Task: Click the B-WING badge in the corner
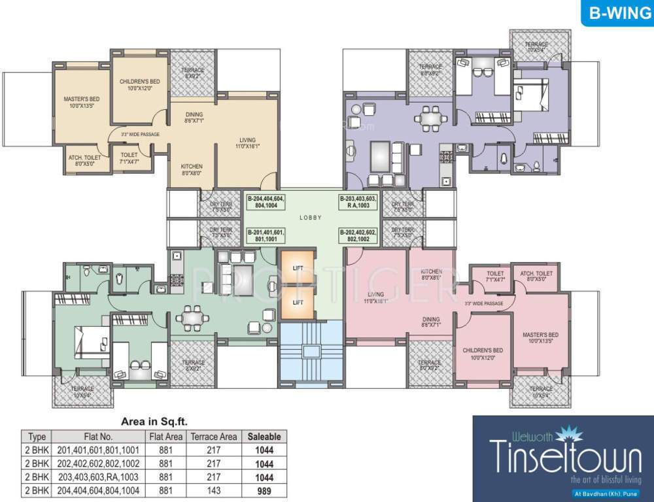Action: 617,14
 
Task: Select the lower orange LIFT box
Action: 298,302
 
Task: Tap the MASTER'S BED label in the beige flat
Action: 80,103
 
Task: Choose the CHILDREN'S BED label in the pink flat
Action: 483,354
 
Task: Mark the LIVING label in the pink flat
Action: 375,297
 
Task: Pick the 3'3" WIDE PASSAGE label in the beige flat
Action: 140,135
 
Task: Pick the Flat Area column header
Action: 165,436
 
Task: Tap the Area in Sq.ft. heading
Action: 154,422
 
